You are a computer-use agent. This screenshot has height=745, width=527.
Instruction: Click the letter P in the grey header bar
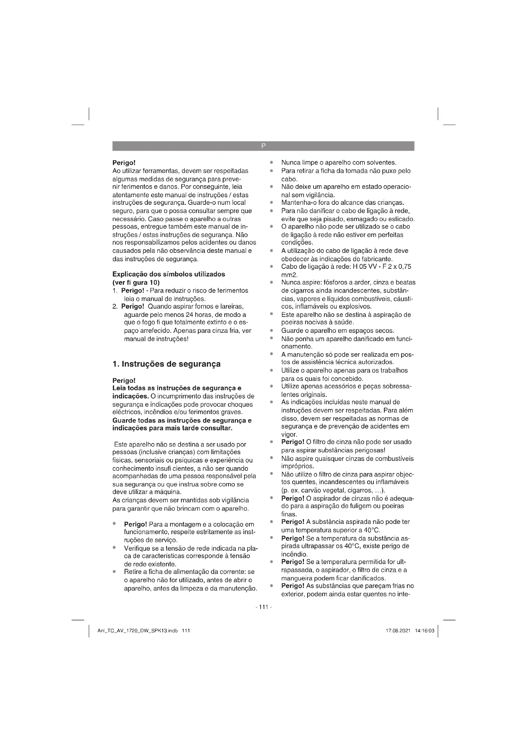click(263, 146)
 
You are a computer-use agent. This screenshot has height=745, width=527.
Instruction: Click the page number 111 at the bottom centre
click(263, 607)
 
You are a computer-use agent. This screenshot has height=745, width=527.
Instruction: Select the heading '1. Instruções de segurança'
click(166, 364)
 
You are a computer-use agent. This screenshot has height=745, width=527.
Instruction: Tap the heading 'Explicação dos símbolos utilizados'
click(169, 274)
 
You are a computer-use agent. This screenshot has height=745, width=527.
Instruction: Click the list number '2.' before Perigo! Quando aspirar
click(115, 306)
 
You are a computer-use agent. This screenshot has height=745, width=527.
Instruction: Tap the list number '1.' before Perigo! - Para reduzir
click(115, 290)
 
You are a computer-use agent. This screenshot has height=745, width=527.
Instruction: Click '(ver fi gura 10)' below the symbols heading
click(136, 282)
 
